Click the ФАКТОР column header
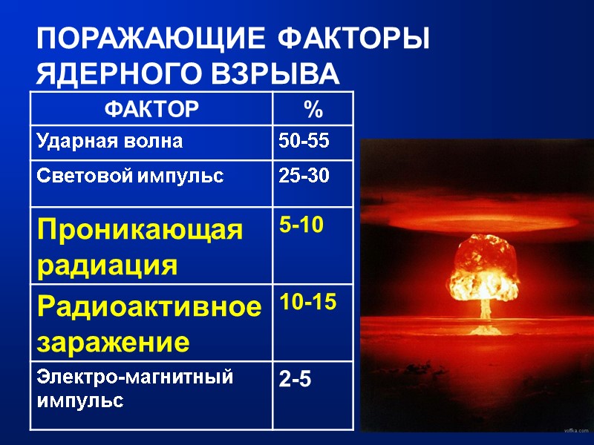tap(151, 111)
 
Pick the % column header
tap(313, 111)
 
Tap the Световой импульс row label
tap(128, 177)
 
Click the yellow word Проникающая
tap(139, 231)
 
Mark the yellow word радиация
tap(108, 265)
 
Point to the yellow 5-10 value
tap(301, 225)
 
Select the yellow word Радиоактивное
tap(149, 306)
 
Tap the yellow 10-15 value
tap(307, 301)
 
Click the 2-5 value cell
tap(295, 380)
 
